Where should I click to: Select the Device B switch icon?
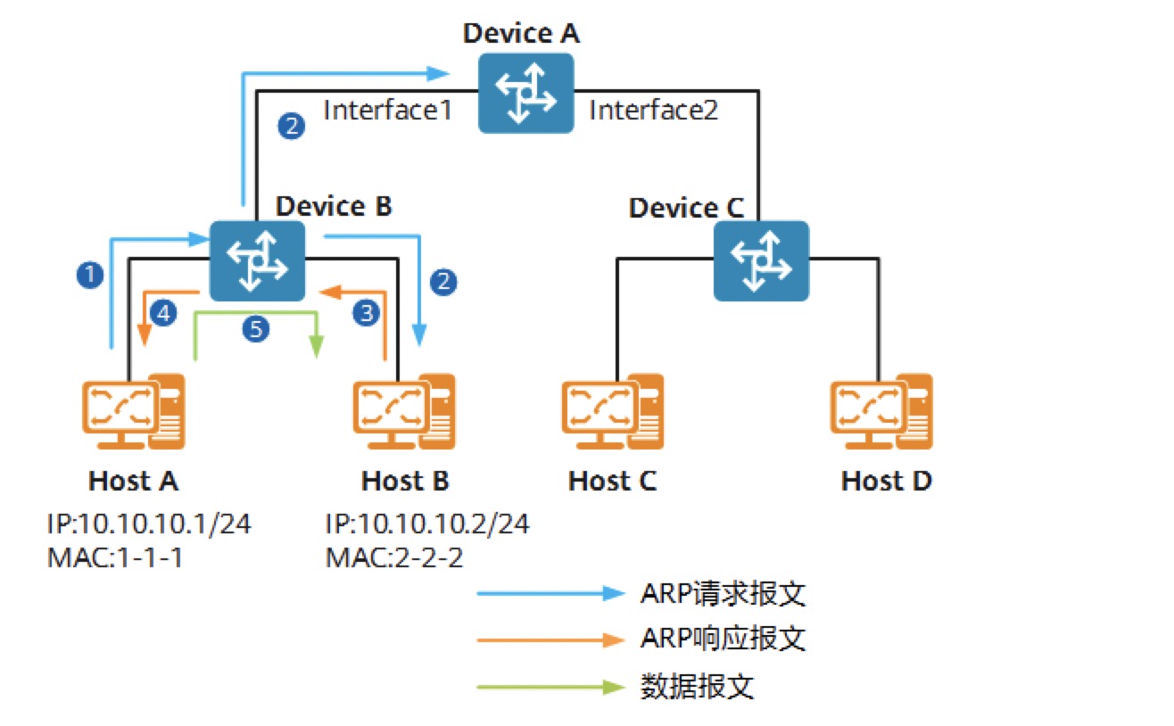point(257,260)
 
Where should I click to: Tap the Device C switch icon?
point(761,260)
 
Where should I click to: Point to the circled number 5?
point(256,329)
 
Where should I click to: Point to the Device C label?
point(685,209)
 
